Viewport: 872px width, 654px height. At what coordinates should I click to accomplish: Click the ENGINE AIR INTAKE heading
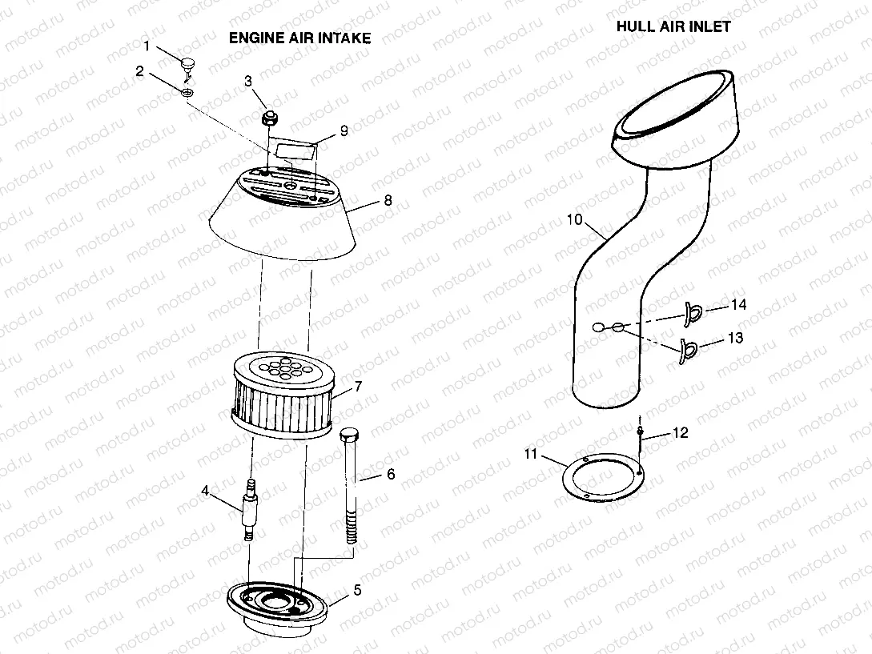[x=299, y=38]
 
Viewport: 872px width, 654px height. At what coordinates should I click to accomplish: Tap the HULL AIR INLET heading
[x=673, y=26]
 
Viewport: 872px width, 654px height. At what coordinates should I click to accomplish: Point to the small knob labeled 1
[x=189, y=62]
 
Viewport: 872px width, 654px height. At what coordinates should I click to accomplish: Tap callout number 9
[x=344, y=130]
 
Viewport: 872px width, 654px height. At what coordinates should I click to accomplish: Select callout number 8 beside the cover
[x=388, y=201]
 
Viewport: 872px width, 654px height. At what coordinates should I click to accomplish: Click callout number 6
[x=390, y=475]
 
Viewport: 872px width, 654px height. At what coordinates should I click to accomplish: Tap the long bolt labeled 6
[x=351, y=488]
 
